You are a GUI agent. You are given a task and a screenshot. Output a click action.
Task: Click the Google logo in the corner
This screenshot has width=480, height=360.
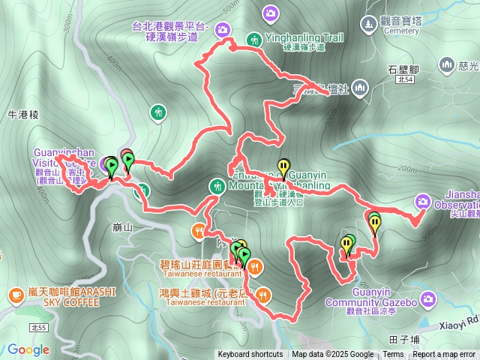(x=28, y=349)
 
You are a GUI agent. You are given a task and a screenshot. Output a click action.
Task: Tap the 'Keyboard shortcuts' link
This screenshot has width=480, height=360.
(x=250, y=355)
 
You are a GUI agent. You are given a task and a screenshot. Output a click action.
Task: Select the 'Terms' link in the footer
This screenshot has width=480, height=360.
(x=393, y=355)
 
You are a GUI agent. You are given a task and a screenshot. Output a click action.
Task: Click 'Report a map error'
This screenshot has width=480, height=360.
(x=445, y=355)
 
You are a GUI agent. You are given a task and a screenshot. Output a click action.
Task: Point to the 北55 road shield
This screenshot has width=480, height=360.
(x=38, y=328)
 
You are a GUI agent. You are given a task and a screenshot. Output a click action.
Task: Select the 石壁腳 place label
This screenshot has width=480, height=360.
(x=403, y=70)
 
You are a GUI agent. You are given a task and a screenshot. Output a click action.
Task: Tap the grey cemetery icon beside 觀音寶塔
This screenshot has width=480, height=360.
(x=368, y=25)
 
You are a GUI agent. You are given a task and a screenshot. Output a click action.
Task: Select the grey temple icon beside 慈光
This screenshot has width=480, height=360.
(x=448, y=65)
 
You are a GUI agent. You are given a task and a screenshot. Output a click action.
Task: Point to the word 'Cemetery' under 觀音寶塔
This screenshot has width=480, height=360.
(x=382, y=32)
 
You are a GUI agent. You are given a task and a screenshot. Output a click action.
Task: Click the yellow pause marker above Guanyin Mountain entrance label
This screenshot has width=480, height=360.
(x=283, y=166)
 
